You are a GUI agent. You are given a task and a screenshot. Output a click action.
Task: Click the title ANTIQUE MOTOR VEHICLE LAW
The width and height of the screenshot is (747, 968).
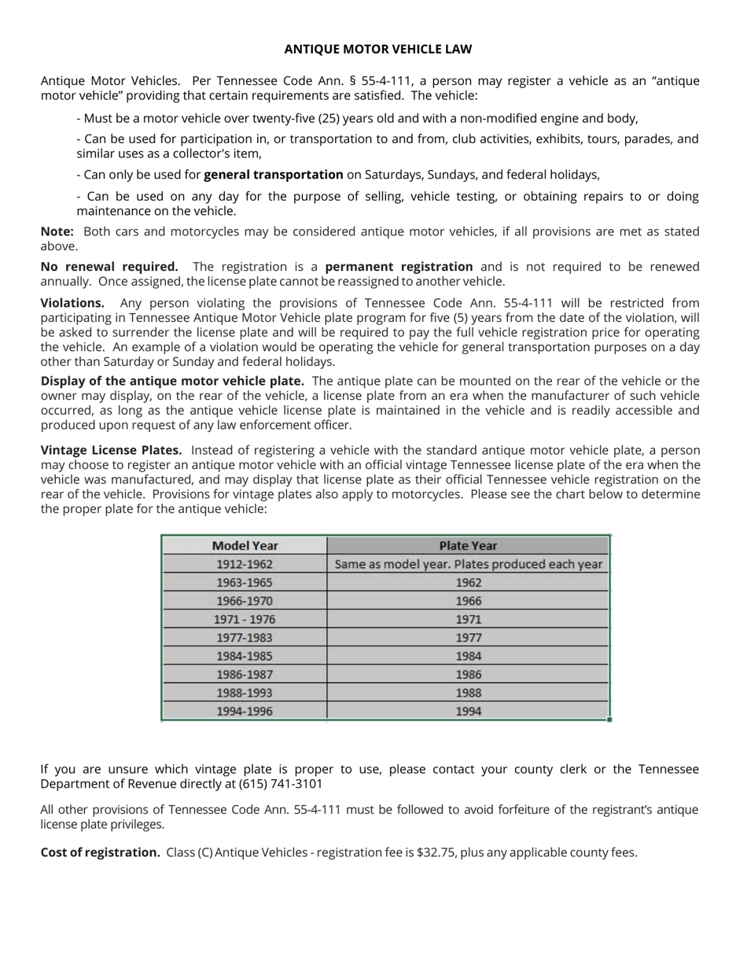click(378, 50)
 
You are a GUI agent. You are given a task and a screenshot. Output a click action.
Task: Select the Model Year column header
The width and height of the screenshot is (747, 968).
click(245, 545)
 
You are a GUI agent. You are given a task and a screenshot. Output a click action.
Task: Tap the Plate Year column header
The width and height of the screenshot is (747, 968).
click(468, 545)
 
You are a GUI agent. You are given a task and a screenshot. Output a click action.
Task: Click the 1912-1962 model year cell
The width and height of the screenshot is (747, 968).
click(245, 564)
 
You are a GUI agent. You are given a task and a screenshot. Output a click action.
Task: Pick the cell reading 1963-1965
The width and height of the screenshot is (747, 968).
click(245, 582)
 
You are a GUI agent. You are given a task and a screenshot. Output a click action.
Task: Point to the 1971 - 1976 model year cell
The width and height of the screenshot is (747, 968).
click(245, 619)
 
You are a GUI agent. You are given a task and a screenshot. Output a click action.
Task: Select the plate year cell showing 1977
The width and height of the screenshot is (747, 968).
click(468, 637)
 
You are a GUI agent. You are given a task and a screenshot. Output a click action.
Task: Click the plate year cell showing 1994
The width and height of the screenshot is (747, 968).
click(468, 711)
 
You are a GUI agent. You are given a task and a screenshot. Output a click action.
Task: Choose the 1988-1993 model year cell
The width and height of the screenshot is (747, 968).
click(245, 693)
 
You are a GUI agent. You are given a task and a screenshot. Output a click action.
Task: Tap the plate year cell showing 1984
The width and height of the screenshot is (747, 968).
click(468, 656)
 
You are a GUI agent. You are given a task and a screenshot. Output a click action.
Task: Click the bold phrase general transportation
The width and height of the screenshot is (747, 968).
click(273, 175)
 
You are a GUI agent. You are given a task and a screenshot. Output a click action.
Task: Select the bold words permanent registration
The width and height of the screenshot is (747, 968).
click(399, 267)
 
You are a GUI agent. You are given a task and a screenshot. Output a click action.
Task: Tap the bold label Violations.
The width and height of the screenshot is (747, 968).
click(72, 303)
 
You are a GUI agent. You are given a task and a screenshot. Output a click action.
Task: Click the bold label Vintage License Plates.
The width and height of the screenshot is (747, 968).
click(111, 450)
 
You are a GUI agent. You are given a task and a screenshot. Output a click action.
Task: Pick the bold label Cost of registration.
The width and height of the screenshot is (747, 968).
click(100, 852)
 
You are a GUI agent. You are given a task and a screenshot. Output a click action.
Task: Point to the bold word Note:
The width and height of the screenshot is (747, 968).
click(57, 231)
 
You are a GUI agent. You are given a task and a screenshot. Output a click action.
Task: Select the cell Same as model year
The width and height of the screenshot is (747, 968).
click(468, 564)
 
